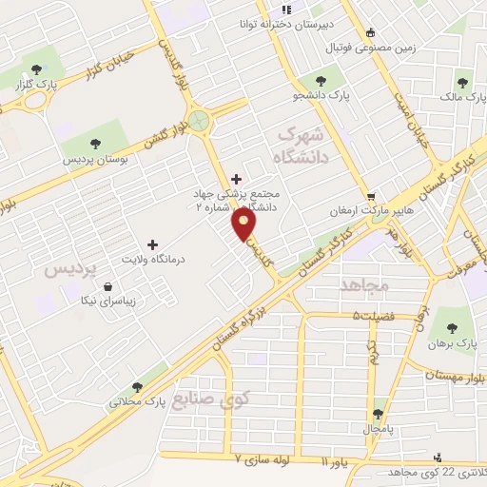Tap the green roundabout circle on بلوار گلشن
point(199,121)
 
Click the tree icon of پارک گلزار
point(37,68)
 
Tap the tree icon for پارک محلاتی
point(138,387)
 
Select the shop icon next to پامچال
point(379,414)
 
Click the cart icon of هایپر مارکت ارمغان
point(372,196)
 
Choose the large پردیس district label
point(71,270)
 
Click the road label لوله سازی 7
point(275,458)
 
